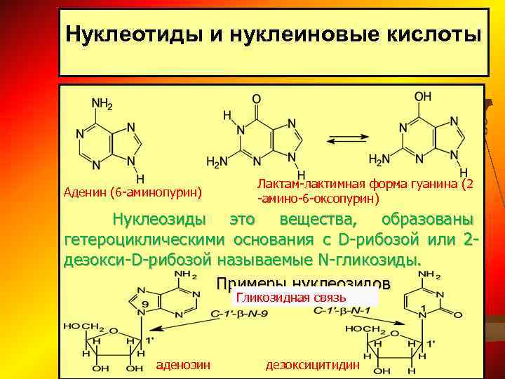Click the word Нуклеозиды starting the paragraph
point(160,220)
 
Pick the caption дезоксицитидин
point(313,365)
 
